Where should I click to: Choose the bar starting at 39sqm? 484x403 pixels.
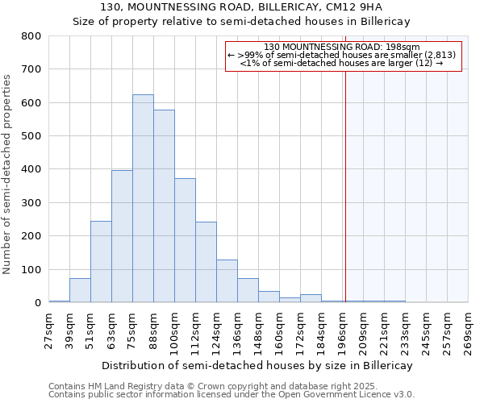80,290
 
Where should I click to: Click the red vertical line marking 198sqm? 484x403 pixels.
345,201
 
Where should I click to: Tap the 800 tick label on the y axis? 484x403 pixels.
31,36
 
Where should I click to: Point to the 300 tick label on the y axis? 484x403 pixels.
31,203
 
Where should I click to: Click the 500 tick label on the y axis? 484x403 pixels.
31,136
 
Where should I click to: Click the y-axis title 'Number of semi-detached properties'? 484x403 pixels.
8,173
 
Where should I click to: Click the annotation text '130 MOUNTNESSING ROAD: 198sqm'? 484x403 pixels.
342,47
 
